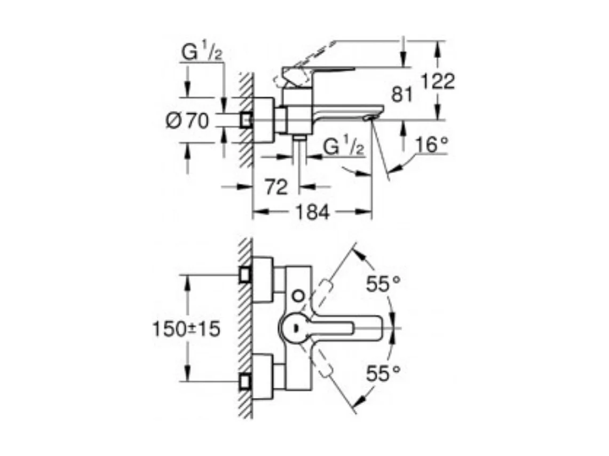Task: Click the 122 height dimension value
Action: click(x=437, y=82)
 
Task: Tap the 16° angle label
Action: click(x=430, y=145)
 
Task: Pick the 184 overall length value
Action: click(x=312, y=212)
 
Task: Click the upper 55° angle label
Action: click(x=383, y=284)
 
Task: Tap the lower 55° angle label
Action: click(x=383, y=373)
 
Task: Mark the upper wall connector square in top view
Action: click(x=246, y=275)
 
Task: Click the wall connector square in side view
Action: click(x=246, y=120)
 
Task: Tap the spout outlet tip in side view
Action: click(x=369, y=117)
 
